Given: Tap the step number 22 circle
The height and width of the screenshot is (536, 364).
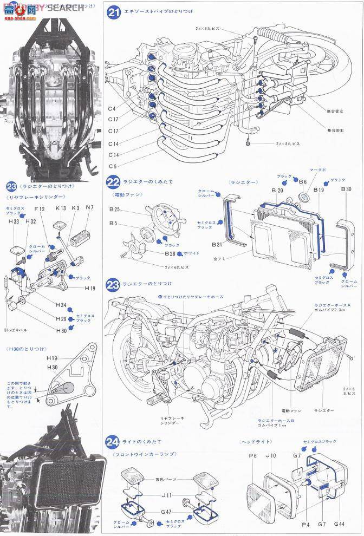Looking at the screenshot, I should coord(113,183).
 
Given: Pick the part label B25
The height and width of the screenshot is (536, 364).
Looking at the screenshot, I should coord(114,208).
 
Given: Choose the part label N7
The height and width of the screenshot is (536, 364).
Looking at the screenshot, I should coord(89,208).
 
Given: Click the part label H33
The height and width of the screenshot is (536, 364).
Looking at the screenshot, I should coord(14,221).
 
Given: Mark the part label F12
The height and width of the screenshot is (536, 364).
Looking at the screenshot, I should coord(40,208).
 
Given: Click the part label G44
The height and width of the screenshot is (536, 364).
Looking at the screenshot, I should coord(339,524).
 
